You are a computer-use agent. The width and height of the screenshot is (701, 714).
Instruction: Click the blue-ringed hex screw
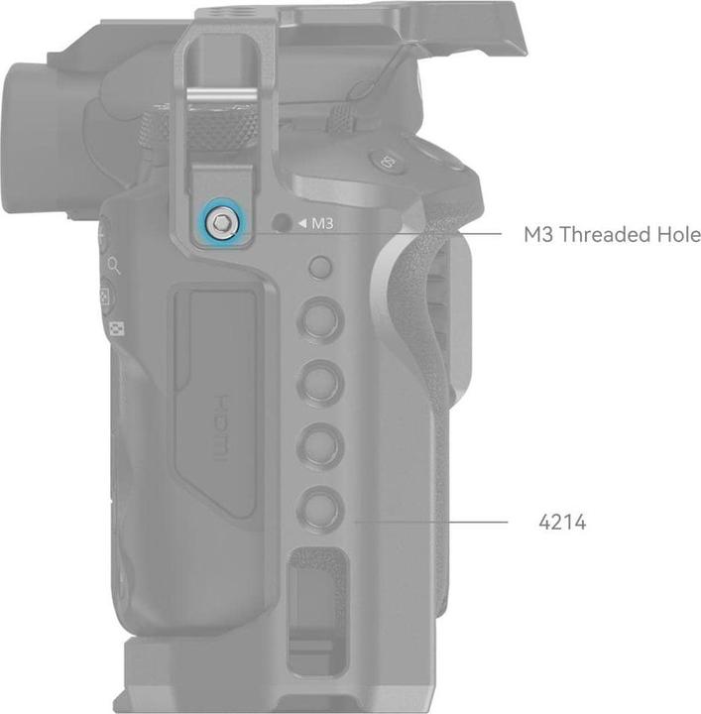tap(221, 223)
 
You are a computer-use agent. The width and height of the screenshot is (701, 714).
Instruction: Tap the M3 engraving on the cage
tap(322, 223)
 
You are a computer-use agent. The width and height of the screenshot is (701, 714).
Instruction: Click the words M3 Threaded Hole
tap(612, 234)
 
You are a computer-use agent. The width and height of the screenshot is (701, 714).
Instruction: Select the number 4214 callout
tap(562, 522)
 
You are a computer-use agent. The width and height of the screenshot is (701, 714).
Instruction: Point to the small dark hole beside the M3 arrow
tap(282, 223)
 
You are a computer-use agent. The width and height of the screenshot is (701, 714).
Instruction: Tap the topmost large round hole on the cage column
tap(320, 318)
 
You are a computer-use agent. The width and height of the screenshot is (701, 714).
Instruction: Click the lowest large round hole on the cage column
tap(320, 508)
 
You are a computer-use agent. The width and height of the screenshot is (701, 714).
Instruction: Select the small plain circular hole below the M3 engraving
tap(320, 267)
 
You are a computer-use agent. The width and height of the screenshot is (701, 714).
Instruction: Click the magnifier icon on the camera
tap(114, 266)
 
